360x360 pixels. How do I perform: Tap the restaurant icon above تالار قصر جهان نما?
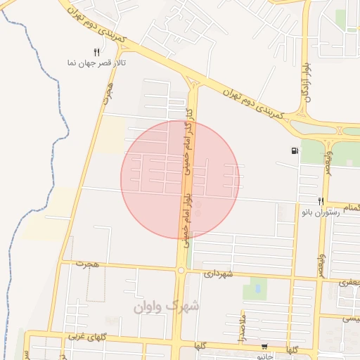point(97,51)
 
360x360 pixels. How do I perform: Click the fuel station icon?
point(292,150)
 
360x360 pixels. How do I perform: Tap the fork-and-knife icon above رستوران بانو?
point(321,200)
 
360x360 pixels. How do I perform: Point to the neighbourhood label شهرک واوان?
point(166,307)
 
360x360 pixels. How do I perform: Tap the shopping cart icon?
point(264,346)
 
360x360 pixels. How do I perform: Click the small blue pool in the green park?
point(257,288)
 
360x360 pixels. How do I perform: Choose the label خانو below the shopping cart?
point(265,356)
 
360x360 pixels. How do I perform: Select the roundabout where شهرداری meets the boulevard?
point(181,269)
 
